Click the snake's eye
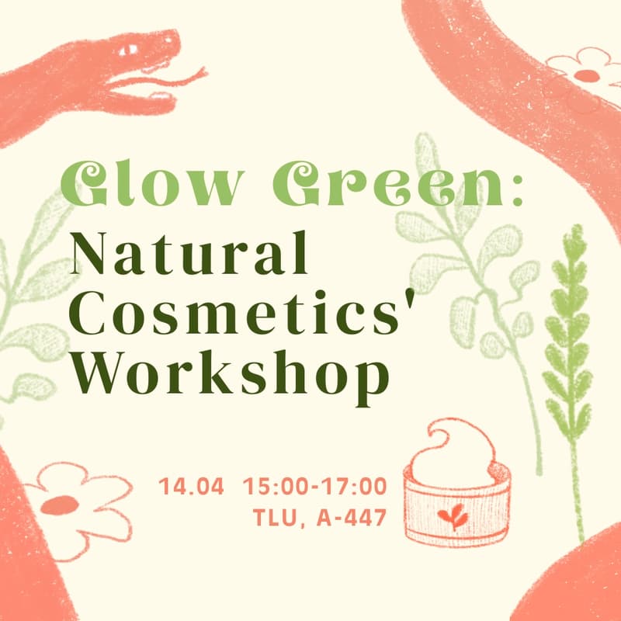pyautogui.click(x=127, y=50)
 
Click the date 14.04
pyautogui.click(x=192, y=487)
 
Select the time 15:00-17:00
pyautogui.click(x=315, y=487)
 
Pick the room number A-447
pyautogui.click(x=352, y=518)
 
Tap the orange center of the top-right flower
pyautogui.click(x=587, y=75)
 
